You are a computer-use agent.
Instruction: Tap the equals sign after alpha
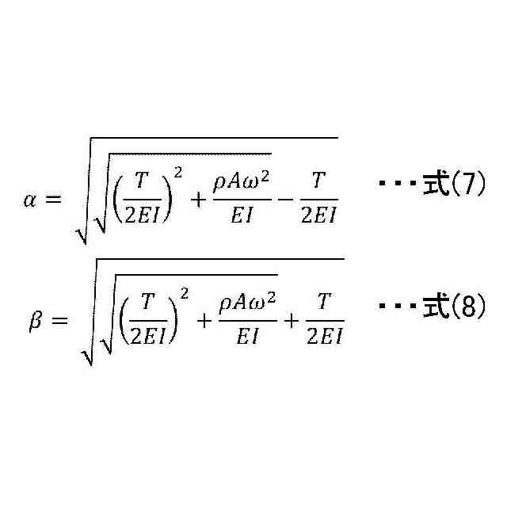tap(52, 198)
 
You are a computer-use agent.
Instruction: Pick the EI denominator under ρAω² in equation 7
tap(241, 214)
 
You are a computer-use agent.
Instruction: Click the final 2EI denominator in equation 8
tap(323, 337)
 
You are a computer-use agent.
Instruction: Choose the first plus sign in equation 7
tap(196, 198)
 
